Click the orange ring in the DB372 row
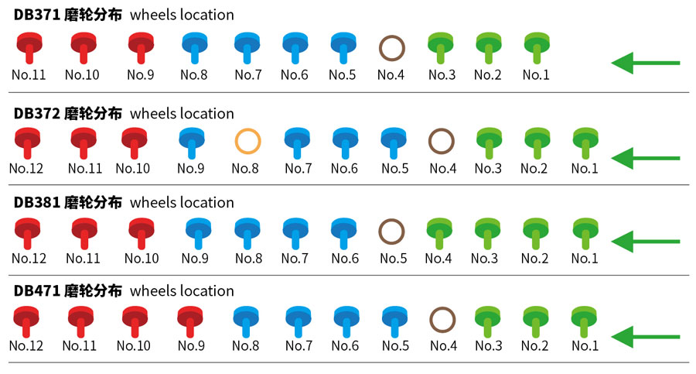point(247,142)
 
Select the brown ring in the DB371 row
point(392,48)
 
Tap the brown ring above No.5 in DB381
point(391,231)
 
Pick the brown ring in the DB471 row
point(442,319)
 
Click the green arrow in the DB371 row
point(645,63)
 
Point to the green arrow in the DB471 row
point(645,337)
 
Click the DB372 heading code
point(37,114)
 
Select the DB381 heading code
point(37,203)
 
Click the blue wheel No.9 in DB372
point(190,142)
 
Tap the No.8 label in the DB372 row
point(245,169)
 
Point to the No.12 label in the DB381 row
point(29,259)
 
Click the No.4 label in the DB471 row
point(442,346)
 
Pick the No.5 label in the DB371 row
point(342,75)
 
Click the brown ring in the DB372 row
point(441,142)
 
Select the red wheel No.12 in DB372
point(29,142)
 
